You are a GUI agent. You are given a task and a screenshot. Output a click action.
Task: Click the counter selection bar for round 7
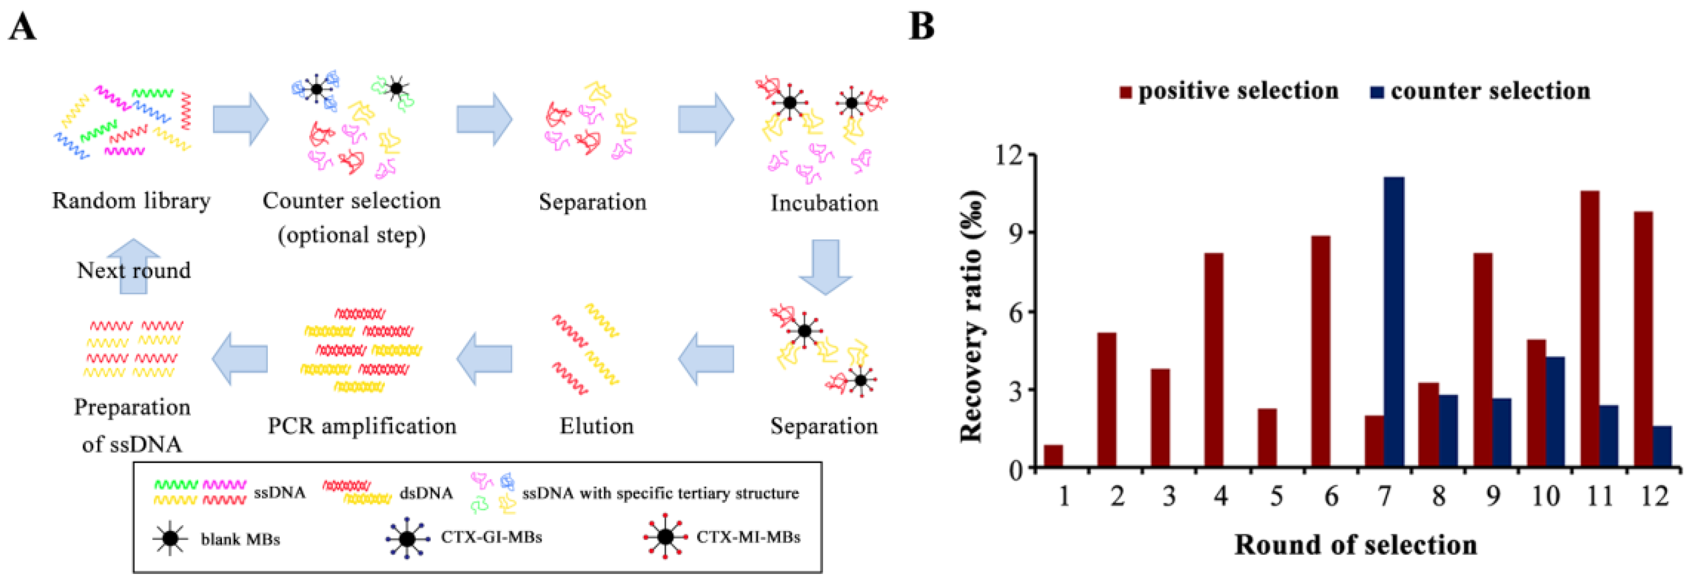(x=1393, y=322)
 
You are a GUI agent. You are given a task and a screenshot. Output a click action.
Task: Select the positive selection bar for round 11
(x=1589, y=329)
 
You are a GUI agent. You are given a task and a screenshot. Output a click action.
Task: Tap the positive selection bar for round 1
(x=1053, y=456)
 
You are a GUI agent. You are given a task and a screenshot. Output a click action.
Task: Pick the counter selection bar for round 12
(x=1662, y=448)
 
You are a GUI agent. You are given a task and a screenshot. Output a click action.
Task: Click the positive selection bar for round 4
(x=1213, y=360)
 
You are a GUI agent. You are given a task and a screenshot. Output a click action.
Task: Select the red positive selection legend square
(x=1125, y=93)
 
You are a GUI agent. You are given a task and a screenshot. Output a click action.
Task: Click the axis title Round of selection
(x=1356, y=545)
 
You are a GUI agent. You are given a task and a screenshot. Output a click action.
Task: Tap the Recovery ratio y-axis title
(x=973, y=316)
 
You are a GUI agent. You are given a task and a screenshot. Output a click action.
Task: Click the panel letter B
(x=921, y=28)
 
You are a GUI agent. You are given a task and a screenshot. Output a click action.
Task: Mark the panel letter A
(x=22, y=28)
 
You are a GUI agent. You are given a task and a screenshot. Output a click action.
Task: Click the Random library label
(x=131, y=201)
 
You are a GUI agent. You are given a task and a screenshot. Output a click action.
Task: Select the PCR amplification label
(x=362, y=426)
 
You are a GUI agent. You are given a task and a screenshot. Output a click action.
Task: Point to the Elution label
(x=597, y=426)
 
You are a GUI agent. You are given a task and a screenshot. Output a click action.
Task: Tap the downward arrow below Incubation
(x=825, y=266)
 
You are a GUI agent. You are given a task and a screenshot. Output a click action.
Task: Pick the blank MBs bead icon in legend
(x=170, y=539)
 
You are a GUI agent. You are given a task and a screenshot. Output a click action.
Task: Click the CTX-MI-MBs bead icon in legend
(x=666, y=536)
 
